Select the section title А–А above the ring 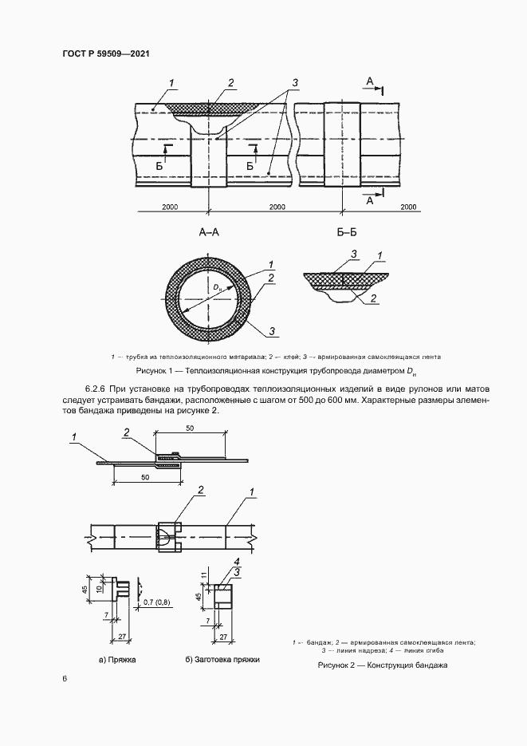[x=208, y=234]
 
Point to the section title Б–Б [x=345, y=234]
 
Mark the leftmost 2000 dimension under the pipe [x=170, y=207]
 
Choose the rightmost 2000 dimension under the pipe [x=408, y=207]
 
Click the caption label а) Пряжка [x=117, y=661]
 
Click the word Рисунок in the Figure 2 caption [x=336, y=665]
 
